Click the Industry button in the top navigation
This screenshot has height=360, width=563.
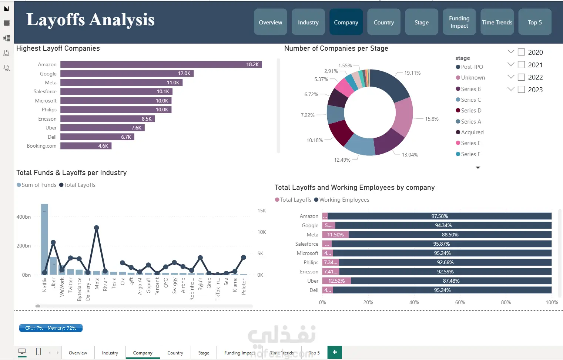click(x=308, y=22)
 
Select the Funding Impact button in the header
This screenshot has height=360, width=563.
click(x=459, y=22)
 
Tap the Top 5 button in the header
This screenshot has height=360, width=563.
click(x=534, y=22)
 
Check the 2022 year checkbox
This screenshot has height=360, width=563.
click(x=521, y=77)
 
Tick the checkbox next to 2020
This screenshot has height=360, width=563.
click(x=521, y=52)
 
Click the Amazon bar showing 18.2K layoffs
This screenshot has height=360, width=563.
click(x=161, y=64)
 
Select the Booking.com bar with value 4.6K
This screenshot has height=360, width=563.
click(x=86, y=146)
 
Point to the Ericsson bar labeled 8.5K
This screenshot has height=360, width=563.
click(x=107, y=119)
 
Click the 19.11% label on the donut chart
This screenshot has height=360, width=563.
click(x=412, y=73)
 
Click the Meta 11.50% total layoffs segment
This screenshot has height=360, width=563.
click(x=335, y=235)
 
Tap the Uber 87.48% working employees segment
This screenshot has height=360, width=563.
click(x=451, y=281)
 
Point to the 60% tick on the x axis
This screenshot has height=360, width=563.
click(x=460, y=302)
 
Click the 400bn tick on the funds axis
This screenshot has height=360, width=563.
click(x=24, y=217)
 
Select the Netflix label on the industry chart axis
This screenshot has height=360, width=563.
click(x=45, y=285)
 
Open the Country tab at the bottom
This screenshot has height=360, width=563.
click(x=175, y=353)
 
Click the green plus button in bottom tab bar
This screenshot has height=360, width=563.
click(x=335, y=352)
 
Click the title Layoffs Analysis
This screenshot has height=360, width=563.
click(x=90, y=20)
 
